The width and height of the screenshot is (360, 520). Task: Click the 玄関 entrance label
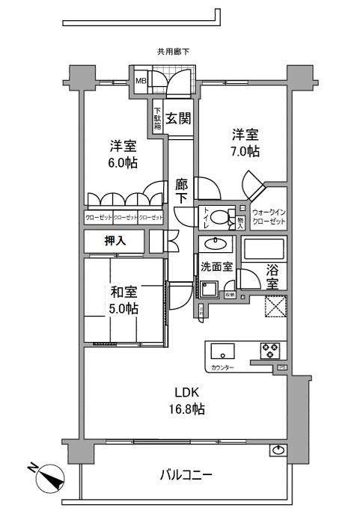177,117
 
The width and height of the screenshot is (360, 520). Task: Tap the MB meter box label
140,82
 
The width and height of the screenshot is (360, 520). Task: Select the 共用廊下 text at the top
173,52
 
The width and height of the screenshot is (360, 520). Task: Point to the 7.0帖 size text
245,152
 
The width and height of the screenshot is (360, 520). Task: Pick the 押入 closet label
115,241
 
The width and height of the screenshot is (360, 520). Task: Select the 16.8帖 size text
187,409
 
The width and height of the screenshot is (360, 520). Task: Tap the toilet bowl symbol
219,218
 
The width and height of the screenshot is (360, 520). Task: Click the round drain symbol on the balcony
278,450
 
